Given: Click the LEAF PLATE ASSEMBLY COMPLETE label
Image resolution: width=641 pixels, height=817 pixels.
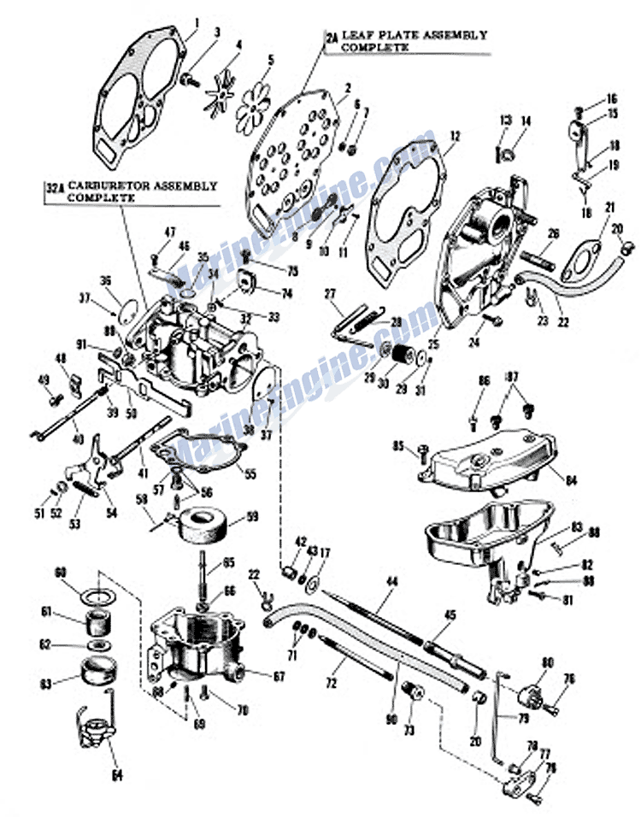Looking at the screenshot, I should click(x=415, y=41).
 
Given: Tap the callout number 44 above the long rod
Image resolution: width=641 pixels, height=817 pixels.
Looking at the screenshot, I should click(x=391, y=581).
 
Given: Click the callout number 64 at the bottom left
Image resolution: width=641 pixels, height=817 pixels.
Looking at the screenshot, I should click(x=116, y=775).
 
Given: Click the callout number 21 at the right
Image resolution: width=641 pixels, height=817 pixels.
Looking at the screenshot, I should click(x=609, y=208).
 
